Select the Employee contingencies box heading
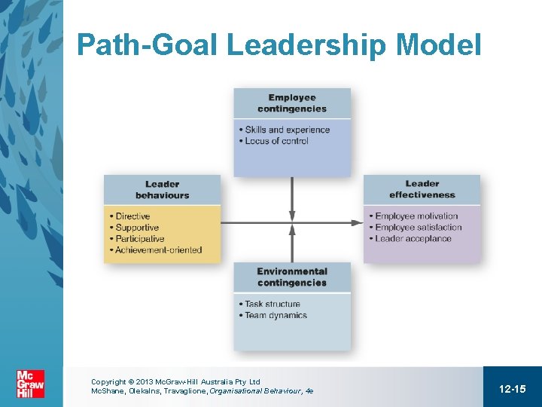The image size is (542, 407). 292,103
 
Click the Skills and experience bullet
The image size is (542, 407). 287,130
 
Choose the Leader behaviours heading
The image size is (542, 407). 162,189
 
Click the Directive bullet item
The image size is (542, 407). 132,216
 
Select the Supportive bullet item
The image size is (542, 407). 137,228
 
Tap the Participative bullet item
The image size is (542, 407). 139,239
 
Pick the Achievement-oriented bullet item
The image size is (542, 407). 158,250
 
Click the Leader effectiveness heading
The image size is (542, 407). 422,189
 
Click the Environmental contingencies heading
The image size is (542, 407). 292,277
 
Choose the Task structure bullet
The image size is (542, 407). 272,304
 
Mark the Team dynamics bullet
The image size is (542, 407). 276,315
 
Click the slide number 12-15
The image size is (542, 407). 512,388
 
